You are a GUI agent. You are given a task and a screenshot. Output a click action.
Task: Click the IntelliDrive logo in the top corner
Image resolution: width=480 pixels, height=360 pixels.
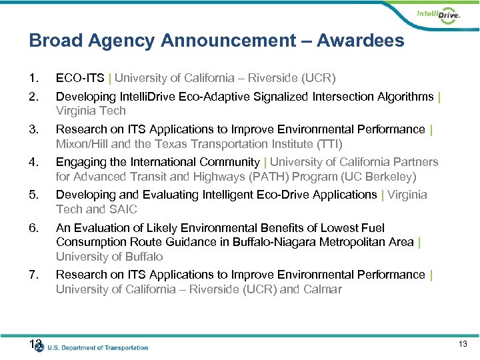438,15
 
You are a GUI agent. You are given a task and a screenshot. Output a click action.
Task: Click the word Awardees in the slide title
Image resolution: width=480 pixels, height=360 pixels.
360,41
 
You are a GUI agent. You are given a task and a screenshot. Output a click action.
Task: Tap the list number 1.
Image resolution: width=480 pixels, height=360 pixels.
34,77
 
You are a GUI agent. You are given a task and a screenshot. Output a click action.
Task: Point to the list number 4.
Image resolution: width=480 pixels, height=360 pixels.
34,162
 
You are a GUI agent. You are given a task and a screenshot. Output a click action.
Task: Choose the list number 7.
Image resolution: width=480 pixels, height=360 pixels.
34,275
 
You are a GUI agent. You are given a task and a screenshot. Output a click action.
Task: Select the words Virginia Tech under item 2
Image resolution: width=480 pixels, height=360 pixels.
91,111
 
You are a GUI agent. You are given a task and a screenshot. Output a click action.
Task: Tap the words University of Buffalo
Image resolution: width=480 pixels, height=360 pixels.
109,257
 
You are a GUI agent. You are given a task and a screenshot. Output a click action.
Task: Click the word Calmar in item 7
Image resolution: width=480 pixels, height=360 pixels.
321,289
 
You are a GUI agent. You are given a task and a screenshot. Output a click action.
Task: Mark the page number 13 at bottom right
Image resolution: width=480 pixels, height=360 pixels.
463,344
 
